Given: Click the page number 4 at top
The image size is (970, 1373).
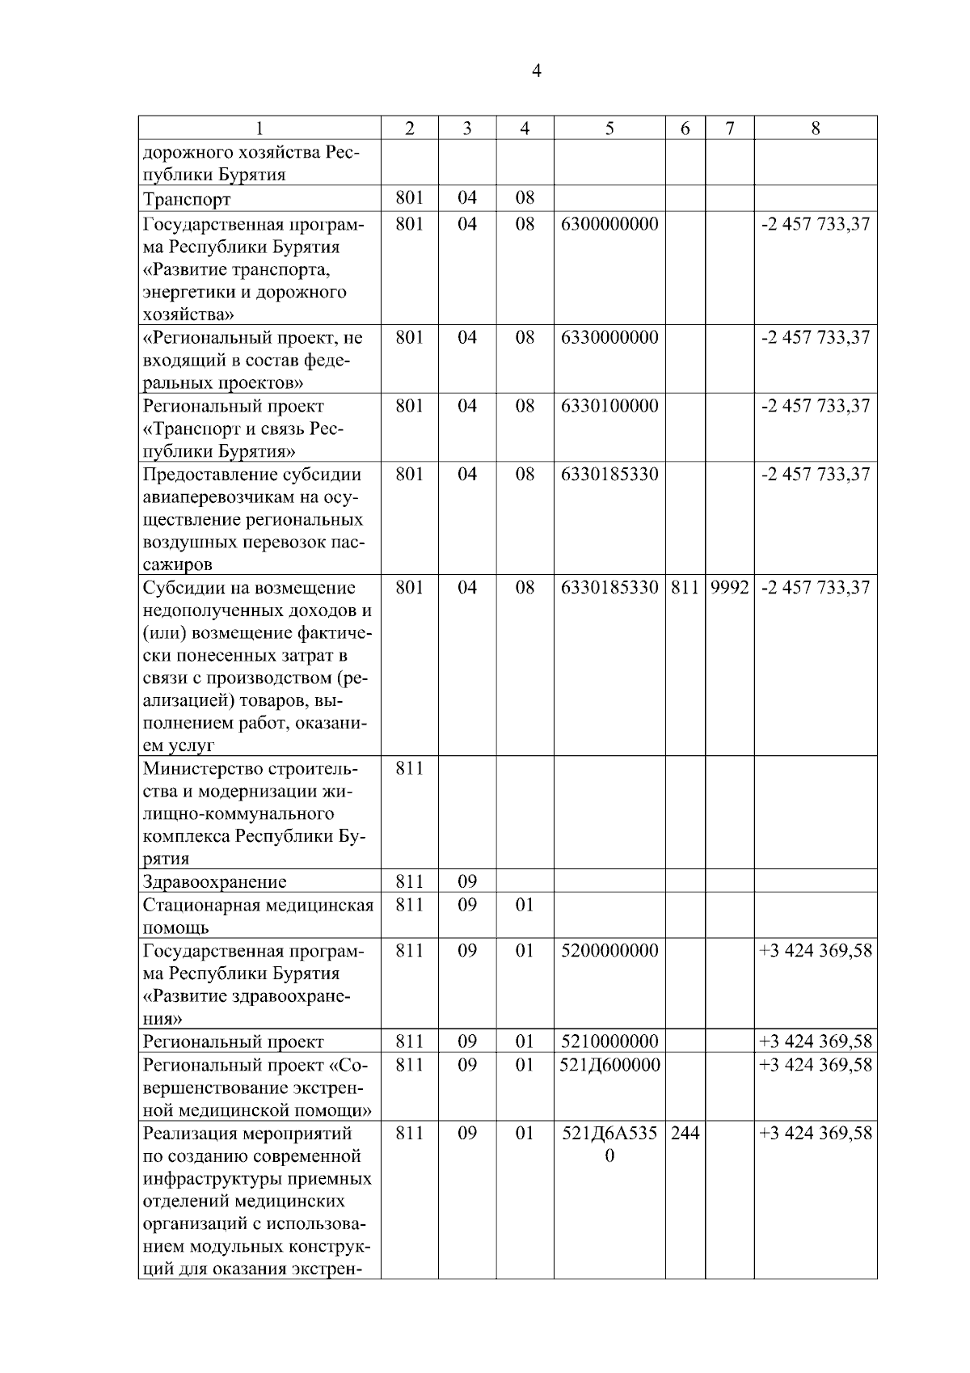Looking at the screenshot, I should (x=537, y=71).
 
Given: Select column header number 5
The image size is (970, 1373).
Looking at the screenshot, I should (x=609, y=129).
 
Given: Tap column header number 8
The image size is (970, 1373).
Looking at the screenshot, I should (x=815, y=129).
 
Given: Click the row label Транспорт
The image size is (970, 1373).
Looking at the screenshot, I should (x=187, y=200).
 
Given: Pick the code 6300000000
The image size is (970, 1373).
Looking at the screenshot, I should (x=609, y=224).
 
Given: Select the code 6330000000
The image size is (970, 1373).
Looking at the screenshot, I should (x=609, y=337).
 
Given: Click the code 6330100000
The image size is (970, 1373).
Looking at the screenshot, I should (x=609, y=406).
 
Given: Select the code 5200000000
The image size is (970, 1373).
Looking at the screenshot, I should (x=609, y=951).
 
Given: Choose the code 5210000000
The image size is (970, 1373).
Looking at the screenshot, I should (x=609, y=1041).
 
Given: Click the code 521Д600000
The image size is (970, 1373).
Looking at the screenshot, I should (x=609, y=1065).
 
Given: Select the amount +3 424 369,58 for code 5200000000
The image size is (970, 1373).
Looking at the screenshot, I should (x=816, y=951).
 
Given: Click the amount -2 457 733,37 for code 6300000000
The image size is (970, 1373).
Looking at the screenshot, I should (x=816, y=224).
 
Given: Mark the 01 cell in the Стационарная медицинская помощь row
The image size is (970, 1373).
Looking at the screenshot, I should (x=525, y=905).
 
